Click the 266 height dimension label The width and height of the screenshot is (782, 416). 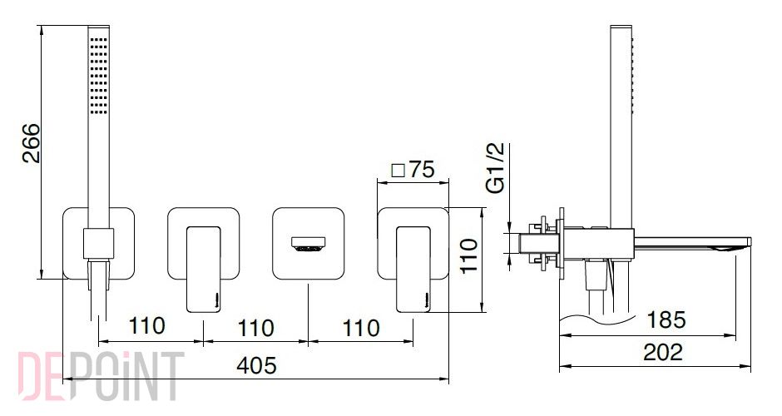pyautogui.click(x=32, y=143)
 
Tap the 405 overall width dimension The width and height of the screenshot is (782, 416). pyautogui.click(x=256, y=365)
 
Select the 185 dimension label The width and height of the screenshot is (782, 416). pyautogui.click(x=666, y=319)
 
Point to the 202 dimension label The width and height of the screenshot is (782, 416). pyautogui.click(x=663, y=352)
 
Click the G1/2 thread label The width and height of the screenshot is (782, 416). pyautogui.click(x=496, y=167)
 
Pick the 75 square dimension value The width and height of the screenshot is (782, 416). pyautogui.click(x=422, y=170)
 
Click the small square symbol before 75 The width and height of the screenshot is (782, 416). pyautogui.click(x=398, y=171)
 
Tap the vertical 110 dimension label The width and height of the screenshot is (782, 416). pyautogui.click(x=469, y=255)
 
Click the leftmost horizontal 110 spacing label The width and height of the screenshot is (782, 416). pyautogui.click(x=146, y=325)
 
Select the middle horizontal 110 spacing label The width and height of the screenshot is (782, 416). pyautogui.click(x=255, y=328)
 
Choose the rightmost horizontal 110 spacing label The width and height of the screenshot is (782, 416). pyautogui.click(x=361, y=328)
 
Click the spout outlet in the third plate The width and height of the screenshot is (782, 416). pyautogui.click(x=308, y=244)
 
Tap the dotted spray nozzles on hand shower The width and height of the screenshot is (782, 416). pyautogui.click(x=98, y=75)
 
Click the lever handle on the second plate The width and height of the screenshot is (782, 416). pyautogui.click(x=204, y=270)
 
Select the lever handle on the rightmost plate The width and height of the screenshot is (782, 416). pyautogui.click(x=413, y=270)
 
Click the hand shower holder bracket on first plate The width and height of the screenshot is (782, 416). pyautogui.click(x=98, y=244)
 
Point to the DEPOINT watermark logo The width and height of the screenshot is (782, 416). pyautogui.click(x=101, y=375)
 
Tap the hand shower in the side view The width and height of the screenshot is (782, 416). pyautogui.click(x=621, y=126)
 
